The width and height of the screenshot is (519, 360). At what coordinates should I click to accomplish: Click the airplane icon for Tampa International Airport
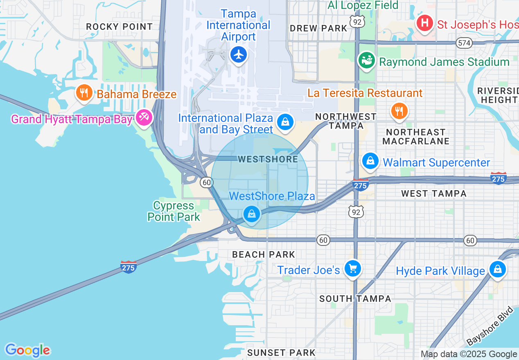(x=238, y=54)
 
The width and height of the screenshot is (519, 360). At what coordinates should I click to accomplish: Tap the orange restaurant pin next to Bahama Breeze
(x=84, y=92)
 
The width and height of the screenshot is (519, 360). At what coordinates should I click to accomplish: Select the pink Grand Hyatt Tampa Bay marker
(x=144, y=118)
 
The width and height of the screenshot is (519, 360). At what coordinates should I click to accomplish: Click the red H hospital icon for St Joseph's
(x=425, y=23)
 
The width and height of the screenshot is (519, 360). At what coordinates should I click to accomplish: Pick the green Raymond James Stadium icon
(x=367, y=61)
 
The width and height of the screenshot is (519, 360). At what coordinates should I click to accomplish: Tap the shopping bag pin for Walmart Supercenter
(x=370, y=161)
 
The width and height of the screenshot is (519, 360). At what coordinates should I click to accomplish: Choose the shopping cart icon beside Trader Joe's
(x=352, y=269)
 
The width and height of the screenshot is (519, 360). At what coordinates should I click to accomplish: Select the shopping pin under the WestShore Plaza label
(x=252, y=214)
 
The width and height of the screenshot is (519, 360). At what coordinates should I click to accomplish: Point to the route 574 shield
(x=465, y=43)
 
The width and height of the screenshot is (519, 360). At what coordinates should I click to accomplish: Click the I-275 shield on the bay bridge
(x=128, y=267)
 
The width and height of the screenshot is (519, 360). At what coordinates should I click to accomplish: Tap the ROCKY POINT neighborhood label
(x=120, y=27)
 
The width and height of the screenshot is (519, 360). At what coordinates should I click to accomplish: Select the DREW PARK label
(x=318, y=28)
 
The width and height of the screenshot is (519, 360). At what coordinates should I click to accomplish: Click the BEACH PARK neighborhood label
(x=263, y=254)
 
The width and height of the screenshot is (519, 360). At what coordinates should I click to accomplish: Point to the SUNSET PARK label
(x=281, y=352)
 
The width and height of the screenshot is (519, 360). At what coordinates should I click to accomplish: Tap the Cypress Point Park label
(x=174, y=211)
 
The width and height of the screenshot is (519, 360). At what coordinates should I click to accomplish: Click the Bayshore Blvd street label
(x=489, y=326)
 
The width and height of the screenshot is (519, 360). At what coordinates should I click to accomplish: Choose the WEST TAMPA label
(x=434, y=193)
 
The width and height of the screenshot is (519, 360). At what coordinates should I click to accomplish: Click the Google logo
(x=27, y=350)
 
